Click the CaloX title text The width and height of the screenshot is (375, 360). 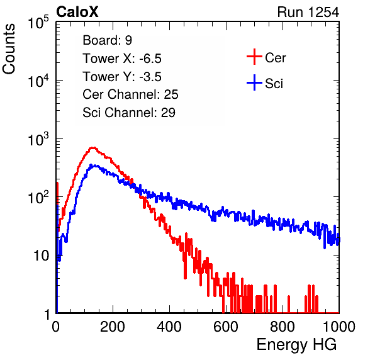click(77, 12)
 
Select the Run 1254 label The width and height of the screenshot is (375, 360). click(308, 12)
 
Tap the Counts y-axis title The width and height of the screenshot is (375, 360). click(9, 49)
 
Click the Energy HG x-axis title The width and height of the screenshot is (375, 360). click(296, 345)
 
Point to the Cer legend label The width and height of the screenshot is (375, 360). click(275, 58)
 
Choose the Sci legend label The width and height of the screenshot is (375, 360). click(274, 84)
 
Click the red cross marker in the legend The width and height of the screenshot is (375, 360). click(254, 57)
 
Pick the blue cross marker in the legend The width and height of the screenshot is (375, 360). click(254, 82)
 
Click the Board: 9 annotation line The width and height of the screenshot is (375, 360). click(107, 40)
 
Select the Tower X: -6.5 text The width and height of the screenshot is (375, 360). click(122, 59)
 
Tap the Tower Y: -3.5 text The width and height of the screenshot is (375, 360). click(122, 77)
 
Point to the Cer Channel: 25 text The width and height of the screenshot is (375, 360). click(130, 94)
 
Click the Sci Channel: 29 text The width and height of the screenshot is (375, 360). click(129, 113)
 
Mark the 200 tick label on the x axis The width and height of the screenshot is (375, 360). click(113, 327)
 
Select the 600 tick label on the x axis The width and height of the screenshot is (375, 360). click(226, 327)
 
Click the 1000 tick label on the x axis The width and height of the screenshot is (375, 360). click(339, 327)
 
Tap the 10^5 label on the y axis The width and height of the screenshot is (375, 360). click(38, 23)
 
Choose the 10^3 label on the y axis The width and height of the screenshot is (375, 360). click(38, 140)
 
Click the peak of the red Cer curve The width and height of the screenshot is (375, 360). click(92, 148)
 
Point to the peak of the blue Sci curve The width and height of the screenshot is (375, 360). click(95, 165)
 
